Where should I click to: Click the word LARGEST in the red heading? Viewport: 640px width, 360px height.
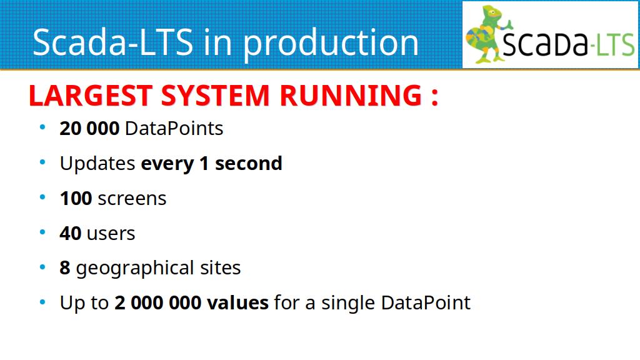click(x=91, y=96)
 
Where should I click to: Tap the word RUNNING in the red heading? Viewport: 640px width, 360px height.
click(x=351, y=96)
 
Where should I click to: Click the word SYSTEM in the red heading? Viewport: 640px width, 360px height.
click(x=216, y=96)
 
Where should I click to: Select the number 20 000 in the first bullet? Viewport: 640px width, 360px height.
click(x=89, y=129)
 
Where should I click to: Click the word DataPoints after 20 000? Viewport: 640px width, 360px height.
click(x=174, y=129)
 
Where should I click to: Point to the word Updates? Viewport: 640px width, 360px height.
click(x=97, y=164)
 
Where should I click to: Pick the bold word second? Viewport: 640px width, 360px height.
click(x=249, y=164)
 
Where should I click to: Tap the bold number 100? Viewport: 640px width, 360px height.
click(x=76, y=199)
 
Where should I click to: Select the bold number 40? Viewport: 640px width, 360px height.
click(x=70, y=234)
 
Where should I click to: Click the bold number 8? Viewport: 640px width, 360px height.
click(x=65, y=268)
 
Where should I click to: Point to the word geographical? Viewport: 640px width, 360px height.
click(x=135, y=269)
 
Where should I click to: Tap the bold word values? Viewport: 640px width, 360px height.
click(x=238, y=303)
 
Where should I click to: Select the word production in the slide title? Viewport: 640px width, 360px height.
click(x=331, y=43)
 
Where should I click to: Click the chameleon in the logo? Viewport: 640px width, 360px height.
click(x=487, y=34)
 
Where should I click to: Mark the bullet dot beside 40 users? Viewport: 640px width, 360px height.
click(x=42, y=232)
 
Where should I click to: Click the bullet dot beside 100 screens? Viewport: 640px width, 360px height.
click(x=42, y=197)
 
